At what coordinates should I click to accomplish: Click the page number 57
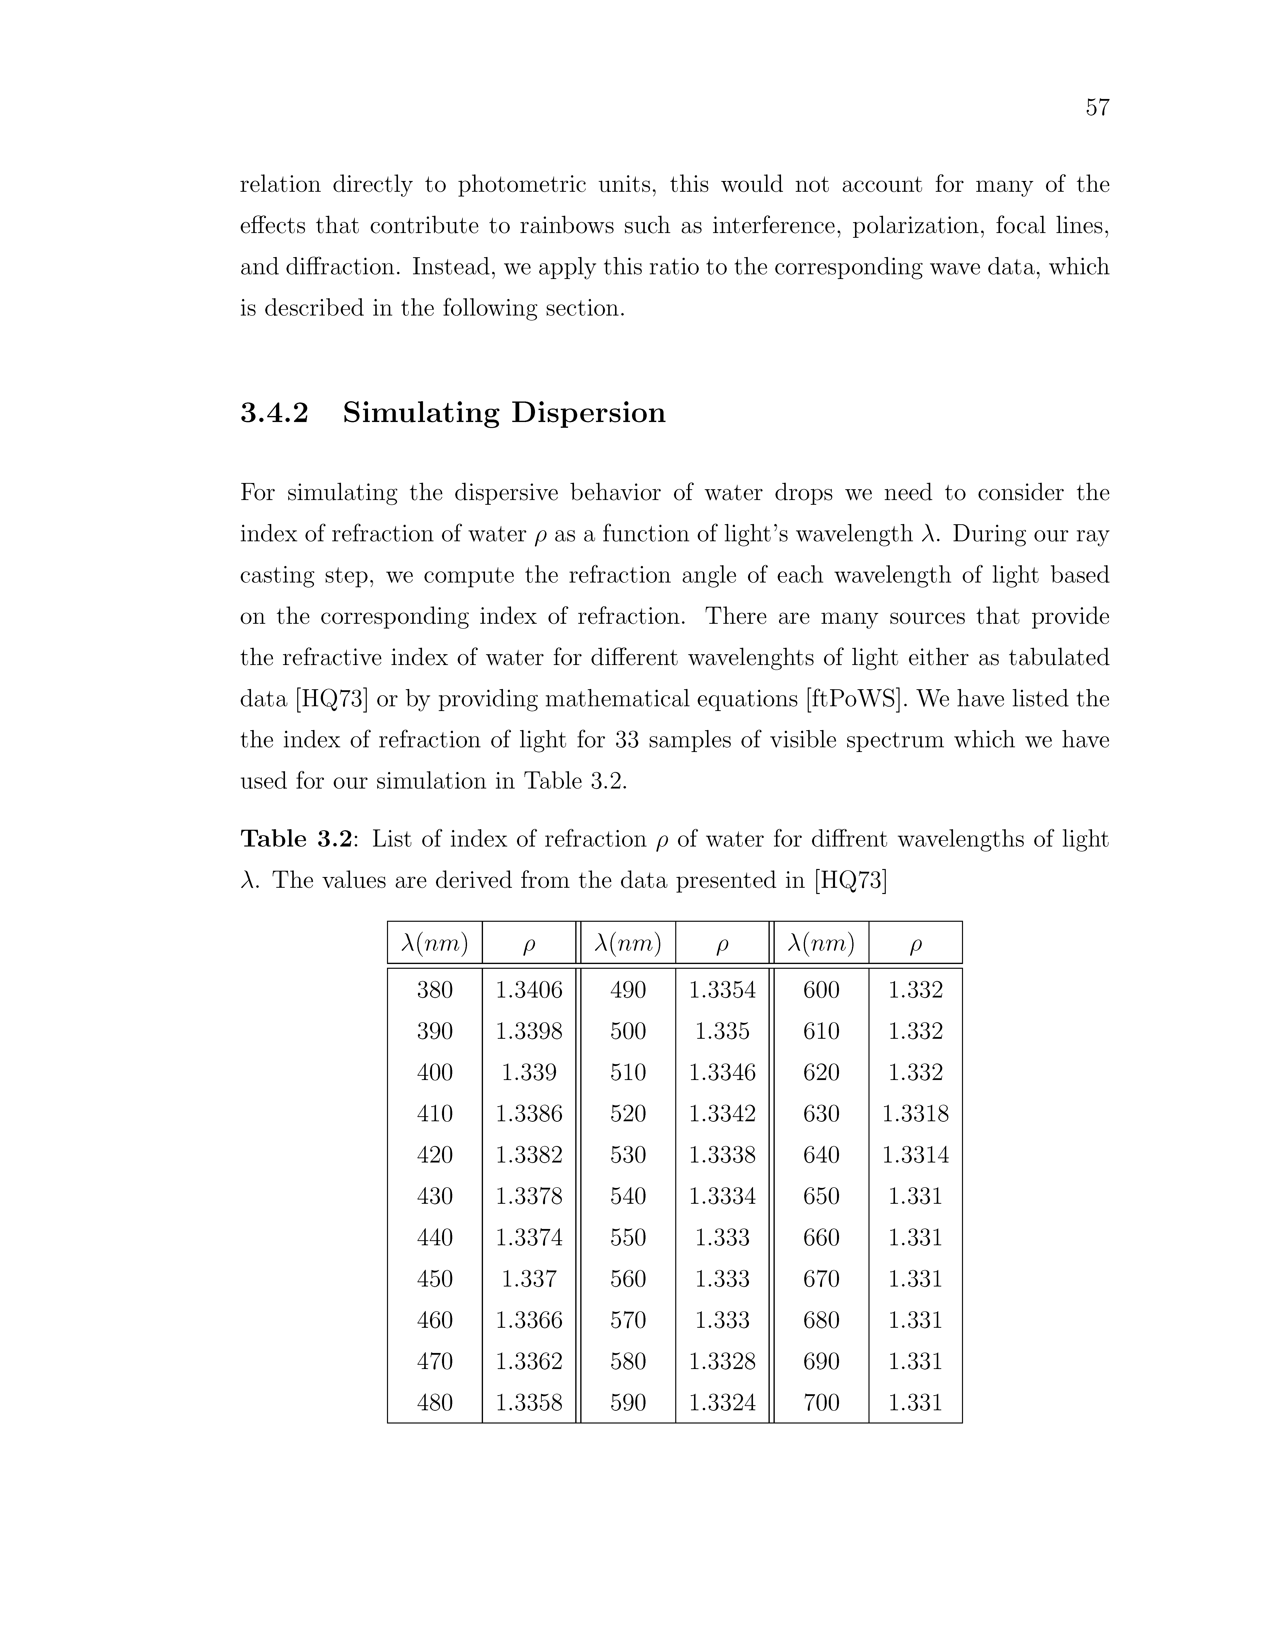[1097, 108]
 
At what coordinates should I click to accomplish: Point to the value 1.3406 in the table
[529, 990]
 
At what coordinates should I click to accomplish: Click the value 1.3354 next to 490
[722, 990]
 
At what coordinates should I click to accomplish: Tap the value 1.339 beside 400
[529, 1073]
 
